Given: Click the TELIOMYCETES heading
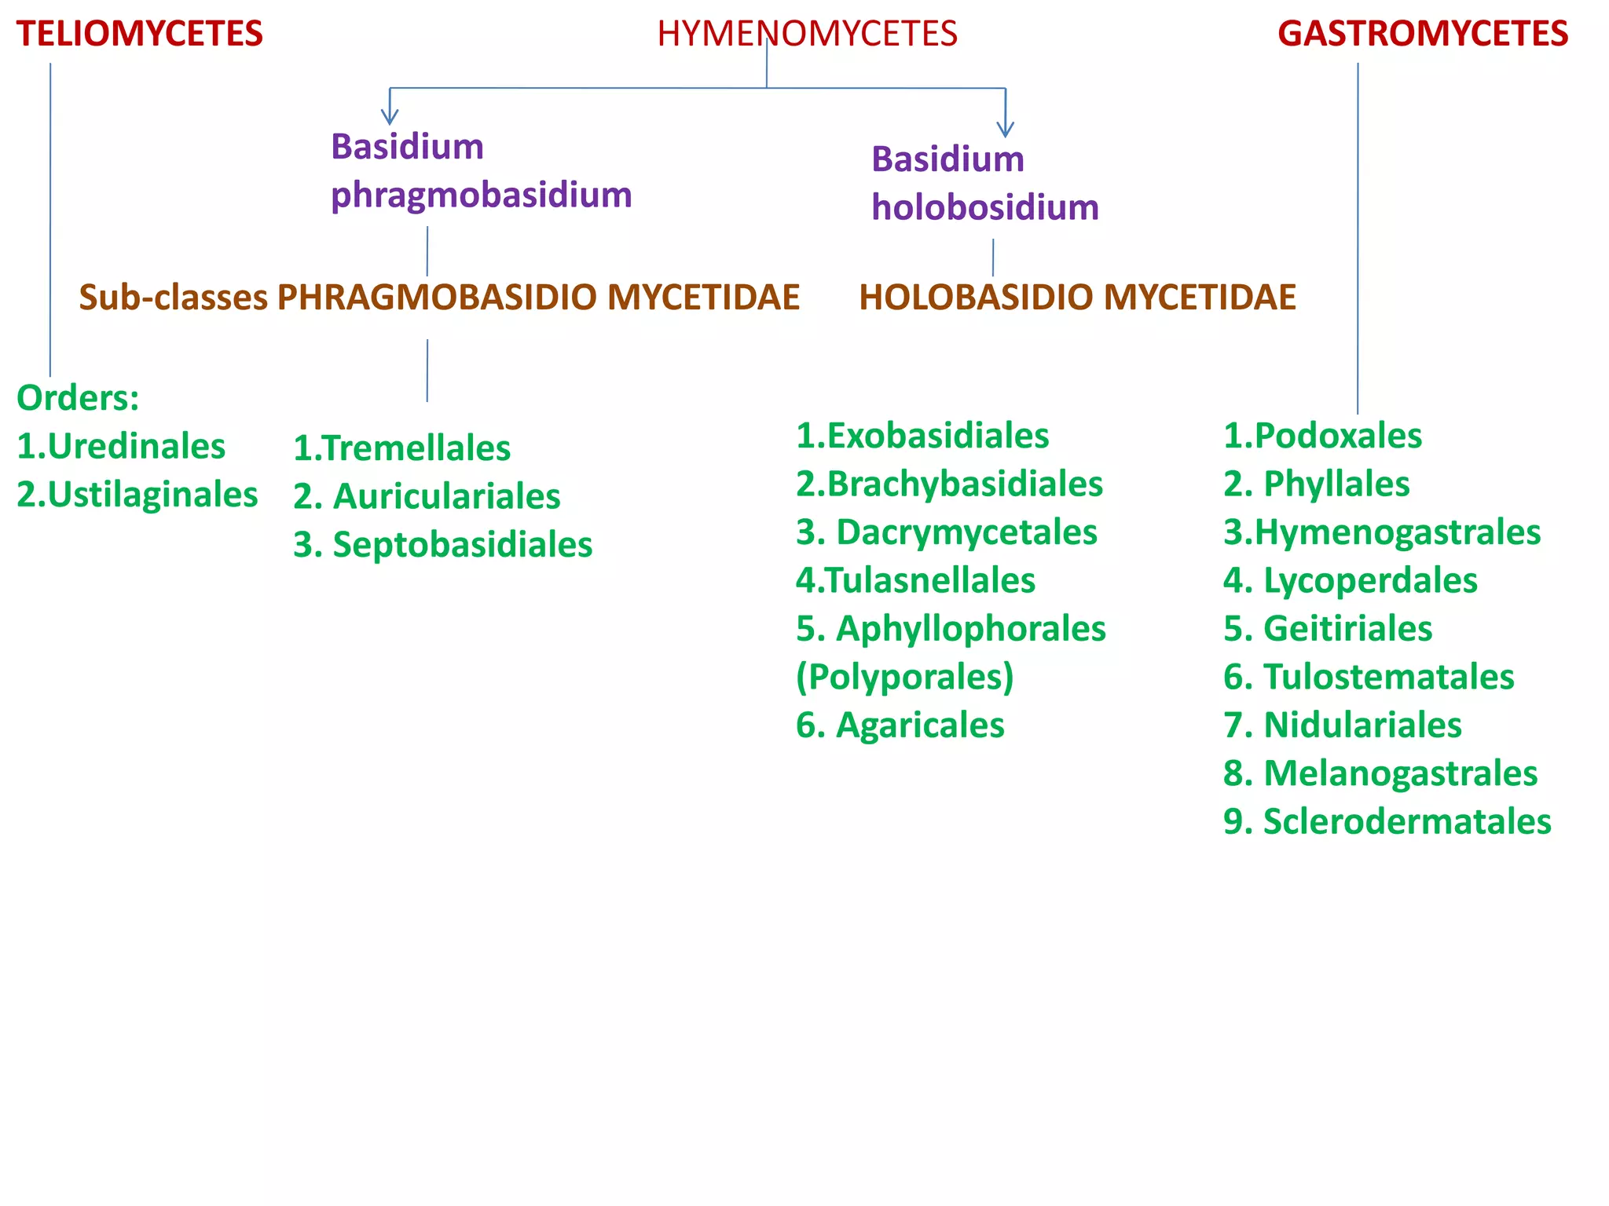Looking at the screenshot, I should (140, 34).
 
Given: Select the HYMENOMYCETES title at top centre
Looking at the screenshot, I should (807, 34).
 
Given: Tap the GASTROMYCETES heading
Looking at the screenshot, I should (1422, 34).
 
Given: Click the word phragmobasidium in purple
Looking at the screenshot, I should (481, 195).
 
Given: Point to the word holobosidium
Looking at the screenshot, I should (984, 208).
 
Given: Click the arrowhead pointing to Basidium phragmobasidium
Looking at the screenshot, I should (390, 117).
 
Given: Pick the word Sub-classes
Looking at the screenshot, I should (173, 298).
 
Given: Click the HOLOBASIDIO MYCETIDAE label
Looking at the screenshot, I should (1077, 298).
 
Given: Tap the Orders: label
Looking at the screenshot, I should (78, 398).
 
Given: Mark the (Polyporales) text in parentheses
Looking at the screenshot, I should (904, 677).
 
